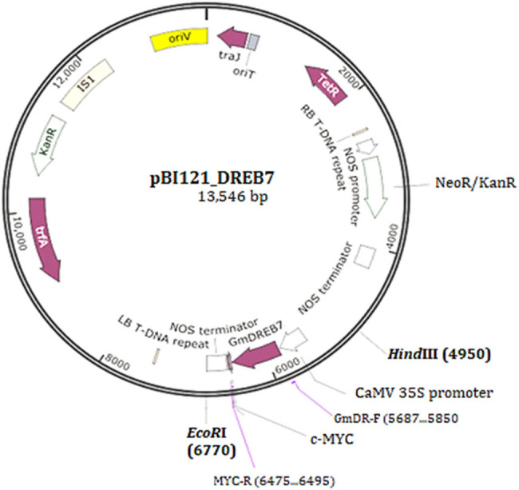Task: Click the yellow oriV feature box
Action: [178, 38]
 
